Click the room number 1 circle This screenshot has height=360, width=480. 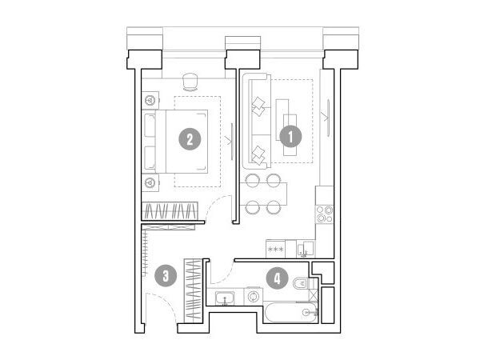tap(291, 136)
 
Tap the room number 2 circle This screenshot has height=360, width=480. tap(190, 139)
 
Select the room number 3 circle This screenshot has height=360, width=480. tap(166, 276)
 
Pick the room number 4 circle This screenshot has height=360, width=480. tap(277, 278)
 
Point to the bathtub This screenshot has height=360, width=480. tap(290, 312)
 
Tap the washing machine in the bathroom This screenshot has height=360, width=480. tap(254, 296)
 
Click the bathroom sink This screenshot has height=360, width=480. tap(225, 298)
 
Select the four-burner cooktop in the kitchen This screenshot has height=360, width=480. tap(325, 214)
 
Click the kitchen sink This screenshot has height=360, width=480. tap(305, 249)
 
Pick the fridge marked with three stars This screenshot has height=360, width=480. tap(275, 249)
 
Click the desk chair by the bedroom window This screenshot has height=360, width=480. tap(190, 82)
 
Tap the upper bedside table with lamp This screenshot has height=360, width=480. tap(150, 100)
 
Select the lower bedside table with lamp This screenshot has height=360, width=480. tap(150, 183)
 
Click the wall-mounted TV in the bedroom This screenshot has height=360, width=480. tap(232, 141)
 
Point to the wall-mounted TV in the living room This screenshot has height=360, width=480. tap(328, 118)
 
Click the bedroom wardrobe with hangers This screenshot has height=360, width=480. tap(170, 211)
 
